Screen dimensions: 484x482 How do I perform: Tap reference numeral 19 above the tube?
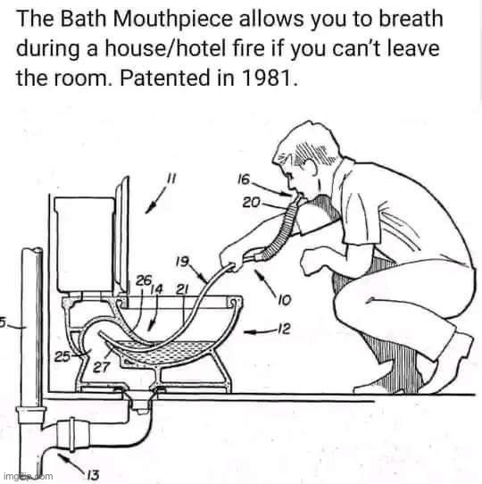pyautogui.click(x=181, y=263)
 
